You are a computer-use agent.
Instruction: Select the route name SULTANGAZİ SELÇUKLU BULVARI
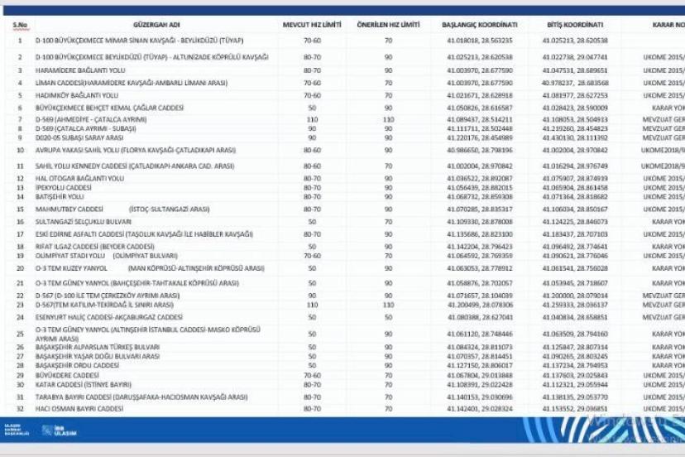(79, 222)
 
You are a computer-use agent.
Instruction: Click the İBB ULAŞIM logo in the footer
(60, 431)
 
